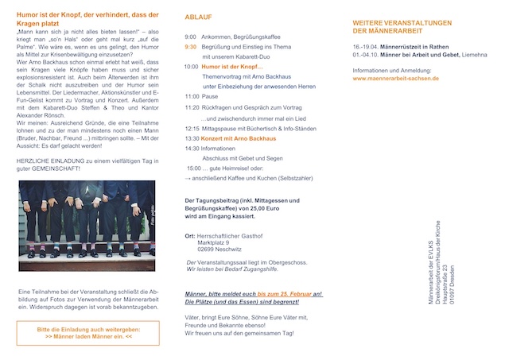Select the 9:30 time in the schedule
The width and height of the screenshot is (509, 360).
click(190, 47)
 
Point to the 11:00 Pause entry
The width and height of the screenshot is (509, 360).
click(208, 96)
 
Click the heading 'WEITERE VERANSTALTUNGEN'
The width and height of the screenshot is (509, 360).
click(402, 22)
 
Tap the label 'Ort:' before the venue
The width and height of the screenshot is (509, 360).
click(189, 235)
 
